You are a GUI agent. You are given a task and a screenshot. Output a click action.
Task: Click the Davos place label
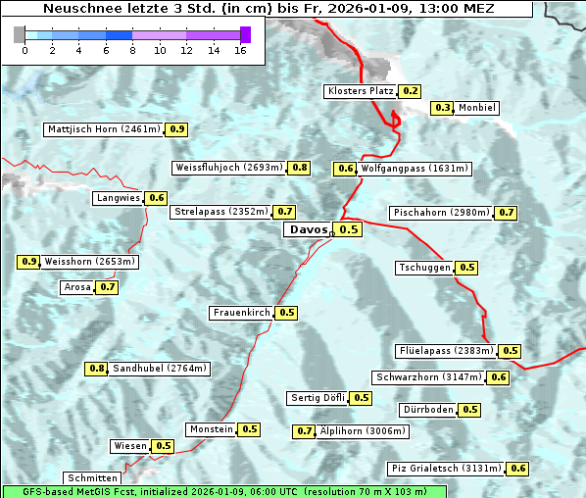(308, 229)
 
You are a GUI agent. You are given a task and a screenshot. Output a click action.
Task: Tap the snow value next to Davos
(349, 229)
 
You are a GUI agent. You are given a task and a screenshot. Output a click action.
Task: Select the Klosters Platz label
(360, 91)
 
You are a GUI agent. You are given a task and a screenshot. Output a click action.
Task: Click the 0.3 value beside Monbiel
(443, 108)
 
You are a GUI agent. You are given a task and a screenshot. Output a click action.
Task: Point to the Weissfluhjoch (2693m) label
(228, 168)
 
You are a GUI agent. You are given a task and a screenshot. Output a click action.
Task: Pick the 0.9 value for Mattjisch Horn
(177, 129)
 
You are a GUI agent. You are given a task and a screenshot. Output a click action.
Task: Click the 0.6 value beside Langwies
(157, 198)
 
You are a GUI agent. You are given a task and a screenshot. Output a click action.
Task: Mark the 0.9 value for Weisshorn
(29, 262)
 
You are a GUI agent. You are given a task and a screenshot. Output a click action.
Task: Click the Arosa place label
(76, 287)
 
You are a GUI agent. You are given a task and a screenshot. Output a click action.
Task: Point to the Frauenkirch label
(241, 313)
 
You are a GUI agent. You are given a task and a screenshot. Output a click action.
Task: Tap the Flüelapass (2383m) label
(445, 351)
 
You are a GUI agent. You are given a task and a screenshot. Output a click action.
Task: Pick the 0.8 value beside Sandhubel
(96, 369)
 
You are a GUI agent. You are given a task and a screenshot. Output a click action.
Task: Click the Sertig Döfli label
(317, 398)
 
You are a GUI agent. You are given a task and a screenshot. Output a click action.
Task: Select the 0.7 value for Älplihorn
(305, 430)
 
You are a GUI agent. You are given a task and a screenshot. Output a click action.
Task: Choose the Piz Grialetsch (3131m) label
(446, 469)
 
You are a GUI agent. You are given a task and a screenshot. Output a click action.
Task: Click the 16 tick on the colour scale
(239, 49)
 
